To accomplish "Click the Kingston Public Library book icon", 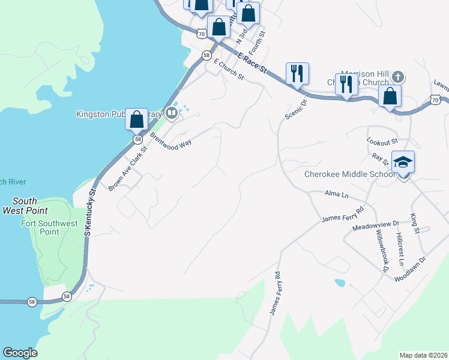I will pyautogui.click(x=172, y=113).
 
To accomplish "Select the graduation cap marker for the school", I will pyautogui.click(x=403, y=162).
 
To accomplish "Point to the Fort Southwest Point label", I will pyautogui.click(x=49, y=227).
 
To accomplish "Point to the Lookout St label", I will pyautogui.click(x=382, y=141).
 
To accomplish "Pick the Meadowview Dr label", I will pyautogui.click(x=376, y=224).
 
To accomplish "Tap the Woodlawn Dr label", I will pyautogui.click(x=410, y=268).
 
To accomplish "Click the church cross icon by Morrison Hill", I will pyautogui.click(x=397, y=77).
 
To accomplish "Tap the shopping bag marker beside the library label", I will pyautogui.click(x=137, y=119).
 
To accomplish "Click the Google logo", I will pyautogui.click(x=20, y=353).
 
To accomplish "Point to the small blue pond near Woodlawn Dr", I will pyautogui.click(x=340, y=282).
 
